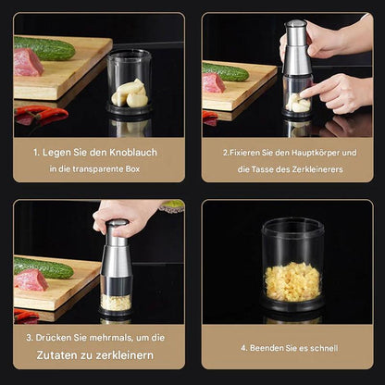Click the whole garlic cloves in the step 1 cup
pos(130,93)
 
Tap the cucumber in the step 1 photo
pos(44,48)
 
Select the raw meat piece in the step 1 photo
pos(28,63)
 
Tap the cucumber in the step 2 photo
pos(227,72)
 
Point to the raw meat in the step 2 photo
pos(214,83)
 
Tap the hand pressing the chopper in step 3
pos(125,215)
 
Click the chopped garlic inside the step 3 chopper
pos(115,302)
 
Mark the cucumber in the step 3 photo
pos(43,268)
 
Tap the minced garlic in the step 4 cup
pos(292,281)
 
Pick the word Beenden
pos(267,348)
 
